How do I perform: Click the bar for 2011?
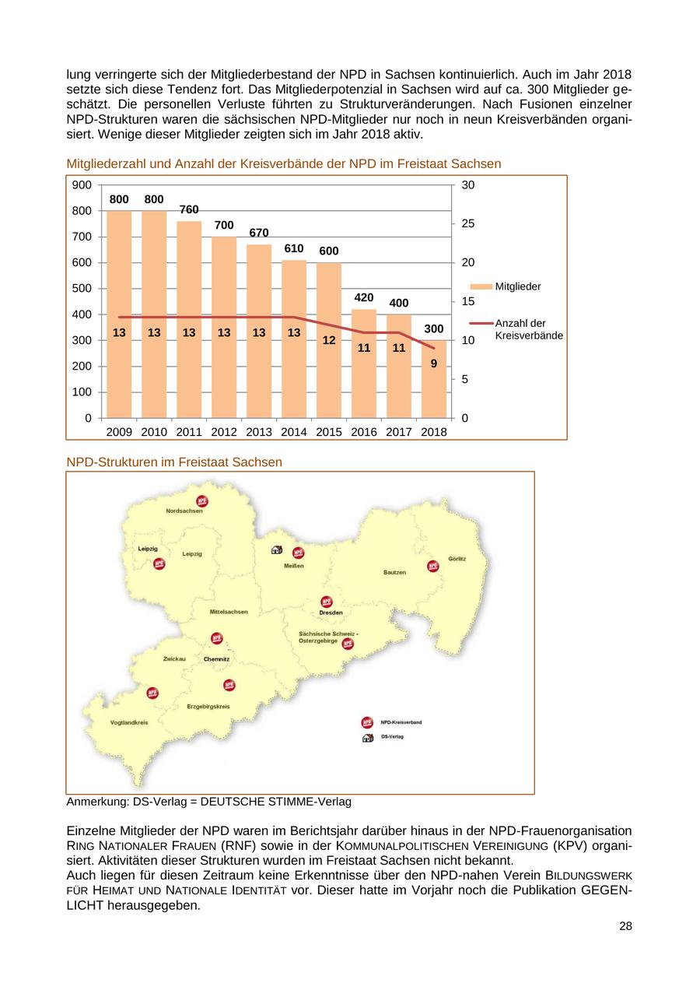pos(189,319)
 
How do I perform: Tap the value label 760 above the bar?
pos(189,210)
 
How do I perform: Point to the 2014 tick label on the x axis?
pos(294,432)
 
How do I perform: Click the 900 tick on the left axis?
pos(82,185)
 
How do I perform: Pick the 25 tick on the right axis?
pos(468,224)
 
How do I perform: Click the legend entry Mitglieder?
pos(517,286)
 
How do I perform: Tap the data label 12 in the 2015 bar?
pos(329,340)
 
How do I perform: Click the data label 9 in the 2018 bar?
pos(434,363)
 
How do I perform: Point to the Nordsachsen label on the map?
pos(184,511)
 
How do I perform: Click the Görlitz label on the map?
pos(457,560)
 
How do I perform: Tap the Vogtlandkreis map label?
pos(129,722)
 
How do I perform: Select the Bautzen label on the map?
pos(394,572)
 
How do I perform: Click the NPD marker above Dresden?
pos(327,602)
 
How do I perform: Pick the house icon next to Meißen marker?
pos(276,549)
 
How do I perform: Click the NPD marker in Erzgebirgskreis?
pos(229,685)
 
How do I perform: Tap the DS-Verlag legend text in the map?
pos(392,736)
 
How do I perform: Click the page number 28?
pos(625,926)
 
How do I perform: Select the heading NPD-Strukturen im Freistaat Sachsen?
pos(174,462)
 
